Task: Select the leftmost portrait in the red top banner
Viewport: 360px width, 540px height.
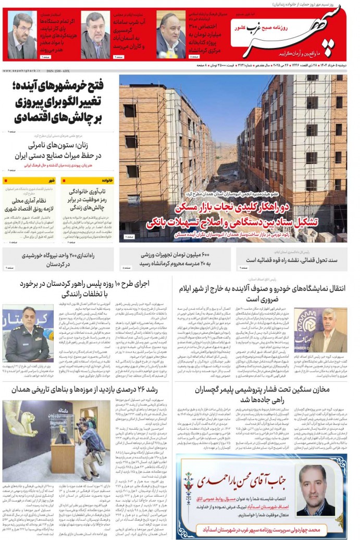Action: [x=21, y=36]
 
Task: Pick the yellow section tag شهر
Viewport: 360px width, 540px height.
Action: [x=51, y=181]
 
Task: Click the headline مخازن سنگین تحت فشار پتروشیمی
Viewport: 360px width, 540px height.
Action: [x=263, y=394]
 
